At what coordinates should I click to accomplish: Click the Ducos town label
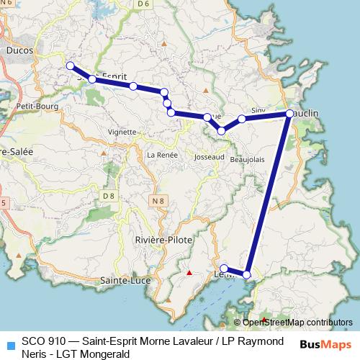click(x=19, y=51)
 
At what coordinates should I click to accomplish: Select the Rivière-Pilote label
click(x=160, y=239)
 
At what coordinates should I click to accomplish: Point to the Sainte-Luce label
click(x=120, y=279)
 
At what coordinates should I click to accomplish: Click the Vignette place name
click(x=121, y=132)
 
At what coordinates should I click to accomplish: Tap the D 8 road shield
click(x=109, y=196)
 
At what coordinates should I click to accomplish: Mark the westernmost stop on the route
click(x=71, y=66)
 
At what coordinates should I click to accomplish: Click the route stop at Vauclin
click(x=289, y=114)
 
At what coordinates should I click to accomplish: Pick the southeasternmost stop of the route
click(x=247, y=274)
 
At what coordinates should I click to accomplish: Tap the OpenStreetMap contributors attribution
click(x=297, y=322)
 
